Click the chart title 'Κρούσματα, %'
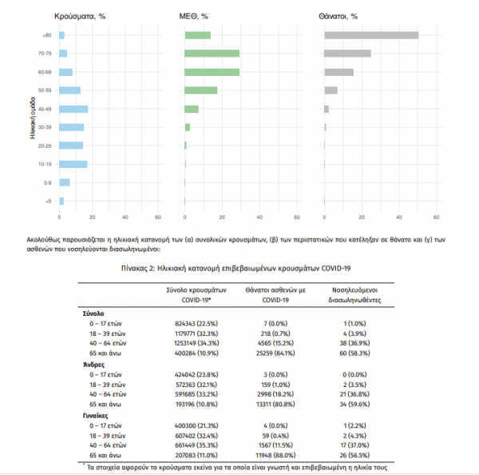[79, 15]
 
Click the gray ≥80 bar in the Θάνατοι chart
[371, 35]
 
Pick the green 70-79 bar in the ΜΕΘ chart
[212, 54]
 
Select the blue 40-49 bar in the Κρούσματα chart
[73, 109]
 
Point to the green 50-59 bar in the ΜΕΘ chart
[200, 90]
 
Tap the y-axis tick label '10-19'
[47, 164]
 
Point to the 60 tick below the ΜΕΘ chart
[298, 217]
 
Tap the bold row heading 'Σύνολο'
[94, 313]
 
